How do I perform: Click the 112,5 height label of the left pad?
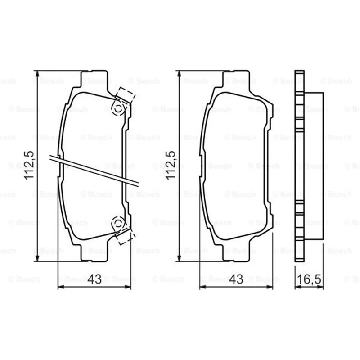[29, 165]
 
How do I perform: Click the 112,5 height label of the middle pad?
[171, 165]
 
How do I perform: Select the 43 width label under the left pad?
[94, 279]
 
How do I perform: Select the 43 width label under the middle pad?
[236, 279]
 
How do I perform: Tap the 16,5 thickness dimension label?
[309, 279]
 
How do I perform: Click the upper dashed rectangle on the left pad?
[125, 95]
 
